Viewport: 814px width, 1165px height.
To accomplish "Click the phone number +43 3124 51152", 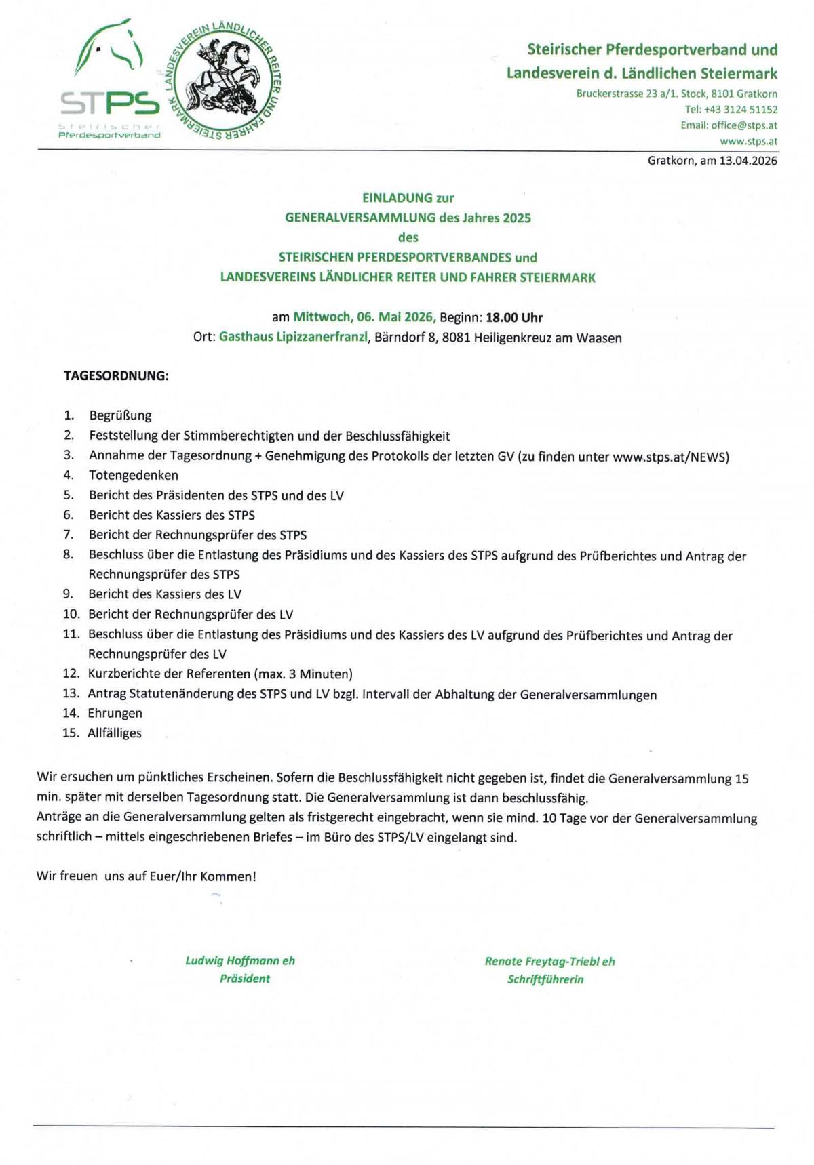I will [x=741, y=109].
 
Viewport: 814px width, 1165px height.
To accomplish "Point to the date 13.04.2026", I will [x=748, y=161].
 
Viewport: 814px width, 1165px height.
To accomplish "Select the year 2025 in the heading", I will [x=517, y=218].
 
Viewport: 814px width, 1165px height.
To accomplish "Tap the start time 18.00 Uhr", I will [x=514, y=317].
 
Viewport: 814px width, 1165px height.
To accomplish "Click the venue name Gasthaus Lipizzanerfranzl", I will [x=293, y=337].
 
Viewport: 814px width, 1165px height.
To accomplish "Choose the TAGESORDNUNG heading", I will [x=116, y=375].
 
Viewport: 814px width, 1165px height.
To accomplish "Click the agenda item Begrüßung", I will [x=120, y=415].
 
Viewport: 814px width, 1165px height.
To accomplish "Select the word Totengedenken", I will [x=134, y=475].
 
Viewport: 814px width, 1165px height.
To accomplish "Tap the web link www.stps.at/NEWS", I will [x=669, y=457].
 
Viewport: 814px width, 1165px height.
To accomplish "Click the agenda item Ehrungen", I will [x=115, y=713].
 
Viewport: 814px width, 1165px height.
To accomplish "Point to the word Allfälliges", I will [x=115, y=733].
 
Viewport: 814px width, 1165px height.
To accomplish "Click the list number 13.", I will [x=71, y=693].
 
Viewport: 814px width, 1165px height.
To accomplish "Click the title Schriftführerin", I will [x=545, y=979].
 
